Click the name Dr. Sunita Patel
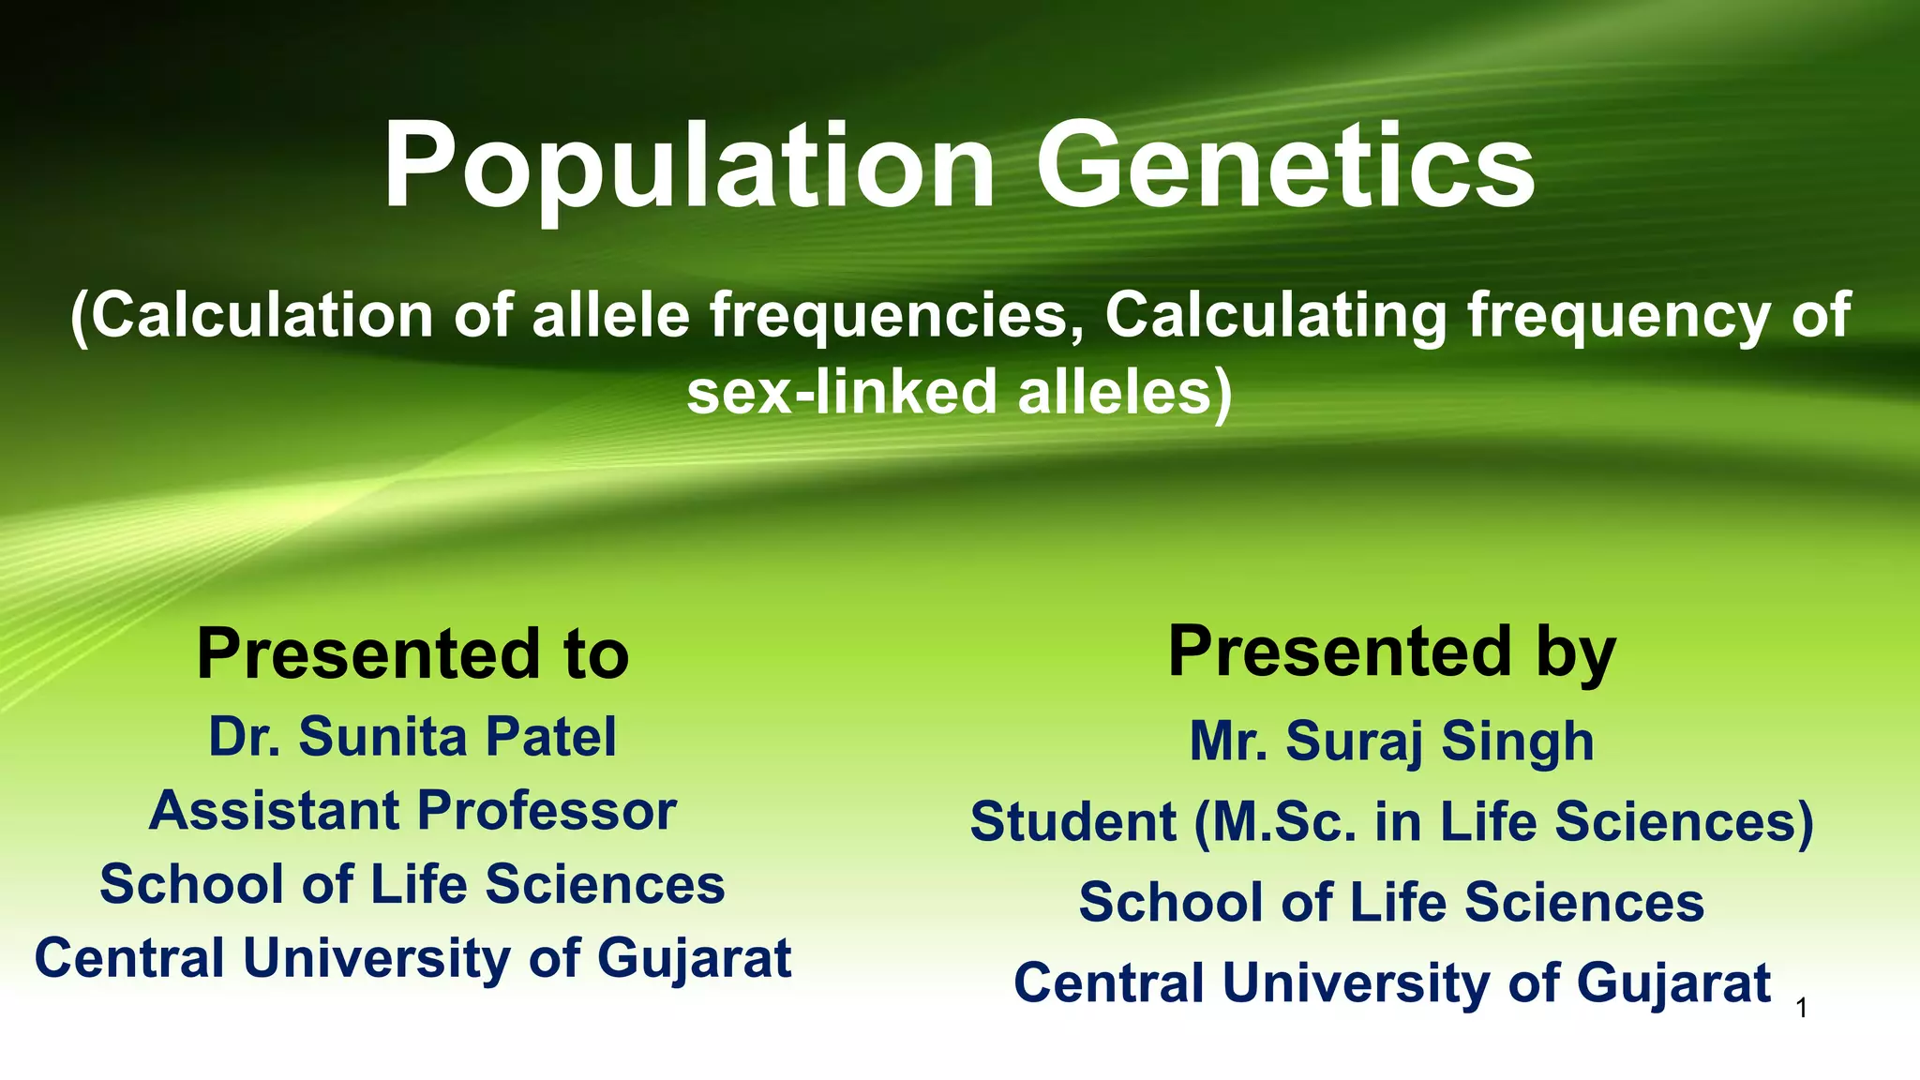tap(412, 737)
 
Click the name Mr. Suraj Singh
tap(1391, 742)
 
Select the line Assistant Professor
tap(412, 811)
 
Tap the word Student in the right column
tap(1072, 822)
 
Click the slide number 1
tap(1801, 1009)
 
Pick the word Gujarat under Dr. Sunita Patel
tap(694, 959)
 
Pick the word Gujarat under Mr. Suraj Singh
tap(1673, 983)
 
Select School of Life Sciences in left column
tap(412, 885)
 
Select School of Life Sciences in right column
tap(1391, 903)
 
